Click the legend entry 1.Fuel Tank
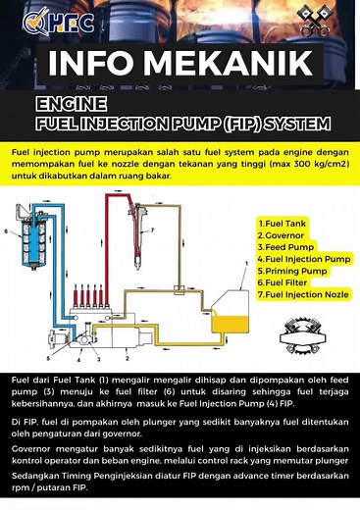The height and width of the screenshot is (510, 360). pos(284,224)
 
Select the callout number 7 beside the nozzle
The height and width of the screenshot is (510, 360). pos(153,232)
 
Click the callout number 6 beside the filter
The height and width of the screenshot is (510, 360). pos(9,233)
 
